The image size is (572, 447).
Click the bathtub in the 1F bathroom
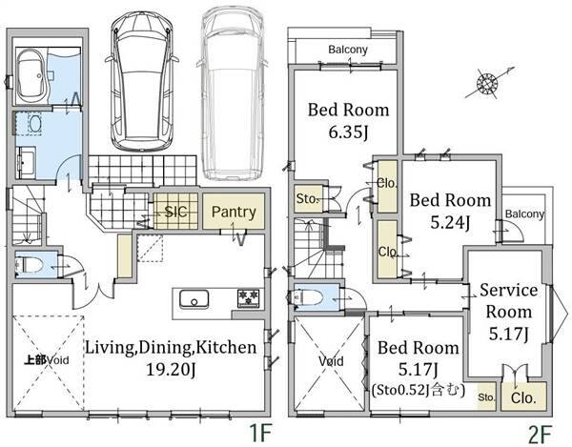32,77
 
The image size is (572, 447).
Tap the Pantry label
234,212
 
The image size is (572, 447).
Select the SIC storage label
175,212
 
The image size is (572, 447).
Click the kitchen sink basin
194,299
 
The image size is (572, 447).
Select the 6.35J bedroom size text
348,132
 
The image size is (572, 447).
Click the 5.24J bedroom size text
450,222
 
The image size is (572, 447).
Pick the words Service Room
509,301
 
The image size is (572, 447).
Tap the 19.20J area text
171,370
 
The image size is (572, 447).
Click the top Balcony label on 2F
348,50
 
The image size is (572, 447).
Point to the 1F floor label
260,434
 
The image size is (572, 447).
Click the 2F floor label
540,434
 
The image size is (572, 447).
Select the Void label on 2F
331,361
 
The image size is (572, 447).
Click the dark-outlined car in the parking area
141,81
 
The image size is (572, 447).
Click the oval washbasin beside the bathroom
34,124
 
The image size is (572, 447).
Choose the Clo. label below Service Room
523,397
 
